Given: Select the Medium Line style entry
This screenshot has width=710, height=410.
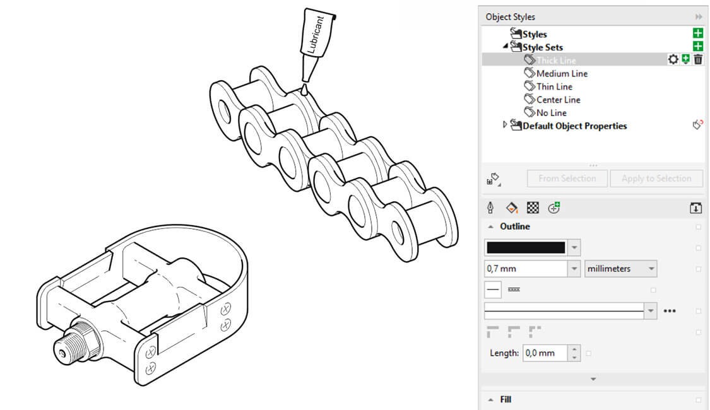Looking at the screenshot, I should [x=561, y=73].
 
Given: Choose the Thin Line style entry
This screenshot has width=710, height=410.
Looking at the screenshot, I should [x=553, y=86].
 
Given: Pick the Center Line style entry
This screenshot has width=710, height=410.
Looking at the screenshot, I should [x=558, y=100].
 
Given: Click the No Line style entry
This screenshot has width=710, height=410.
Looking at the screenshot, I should [x=551, y=113].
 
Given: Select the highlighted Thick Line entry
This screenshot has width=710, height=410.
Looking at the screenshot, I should [x=555, y=60].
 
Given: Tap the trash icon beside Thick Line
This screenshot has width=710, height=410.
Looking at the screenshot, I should [x=698, y=59].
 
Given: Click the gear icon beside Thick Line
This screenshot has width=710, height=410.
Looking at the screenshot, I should [x=673, y=59].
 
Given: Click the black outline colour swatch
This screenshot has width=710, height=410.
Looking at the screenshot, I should [x=526, y=247].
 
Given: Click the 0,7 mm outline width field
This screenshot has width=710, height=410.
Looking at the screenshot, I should [x=525, y=269].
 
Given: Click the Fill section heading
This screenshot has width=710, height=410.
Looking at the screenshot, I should [x=506, y=399].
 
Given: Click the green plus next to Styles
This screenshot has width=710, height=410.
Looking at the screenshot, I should [x=697, y=34].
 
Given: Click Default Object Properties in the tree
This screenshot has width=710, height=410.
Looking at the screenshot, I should [x=574, y=126].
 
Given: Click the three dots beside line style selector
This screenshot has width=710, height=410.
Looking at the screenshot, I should [x=670, y=310].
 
